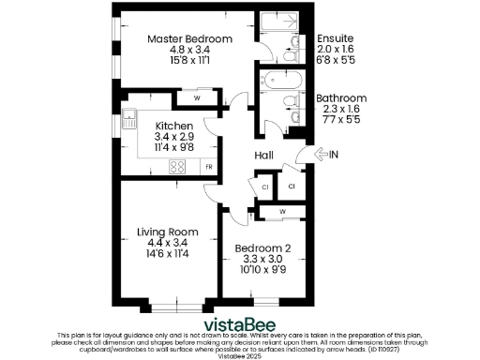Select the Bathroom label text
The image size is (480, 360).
click(340, 97)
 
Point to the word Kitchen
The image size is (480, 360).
click(174, 126)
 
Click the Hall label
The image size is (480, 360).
click(263, 156)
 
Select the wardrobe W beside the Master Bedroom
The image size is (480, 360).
click(197, 97)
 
